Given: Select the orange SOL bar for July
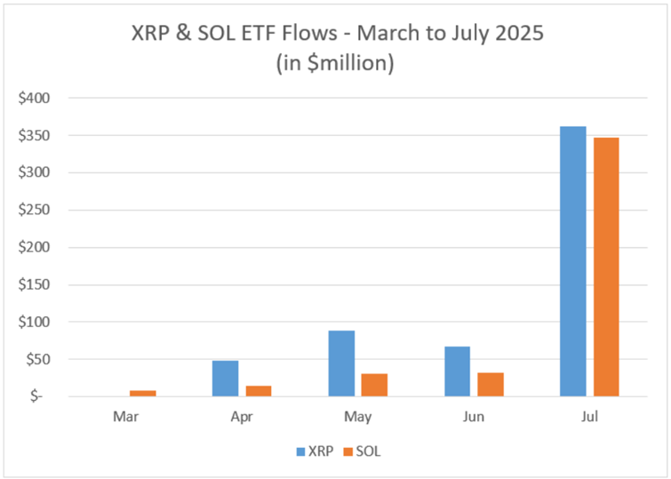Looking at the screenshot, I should click(605, 267).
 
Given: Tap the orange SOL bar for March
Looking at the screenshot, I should click(142, 393).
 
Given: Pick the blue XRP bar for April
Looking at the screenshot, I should click(225, 378).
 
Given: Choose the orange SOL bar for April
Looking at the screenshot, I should click(258, 390).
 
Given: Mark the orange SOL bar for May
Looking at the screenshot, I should click(374, 384).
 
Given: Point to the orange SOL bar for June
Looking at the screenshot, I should click(490, 384).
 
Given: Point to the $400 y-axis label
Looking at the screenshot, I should click(36, 98).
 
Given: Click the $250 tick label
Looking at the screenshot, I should click(36, 210).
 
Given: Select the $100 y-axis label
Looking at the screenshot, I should click(36, 322).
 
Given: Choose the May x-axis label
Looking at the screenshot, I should click(357, 416).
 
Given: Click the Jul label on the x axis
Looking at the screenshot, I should click(588, 416).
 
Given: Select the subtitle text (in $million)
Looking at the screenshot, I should click(336, 64).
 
